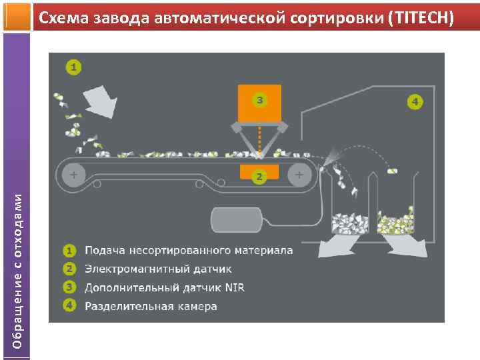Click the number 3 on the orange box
[x=259, y=101]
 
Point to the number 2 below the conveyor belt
[x=259, y=177]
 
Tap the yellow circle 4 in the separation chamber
[x=415, y=102]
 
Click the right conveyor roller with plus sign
[x=299, y=174]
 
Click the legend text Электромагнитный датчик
[x=159, y=269]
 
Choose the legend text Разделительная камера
[x=151, y=307]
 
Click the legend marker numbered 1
[x=69, y=251]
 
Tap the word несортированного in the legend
[x=183, y=251]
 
